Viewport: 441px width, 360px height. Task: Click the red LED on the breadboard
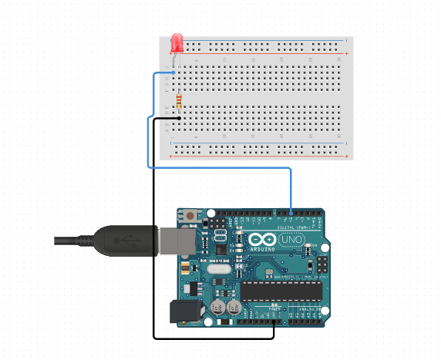coord(177,42)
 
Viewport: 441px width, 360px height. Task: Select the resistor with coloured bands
coord(180,101)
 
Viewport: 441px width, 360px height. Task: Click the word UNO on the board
coord(291,241)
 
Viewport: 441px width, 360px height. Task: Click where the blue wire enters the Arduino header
coord(291,211)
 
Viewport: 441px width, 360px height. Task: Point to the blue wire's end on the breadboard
coord(177,72)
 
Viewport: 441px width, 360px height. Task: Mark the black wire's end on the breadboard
coord(178,119)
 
